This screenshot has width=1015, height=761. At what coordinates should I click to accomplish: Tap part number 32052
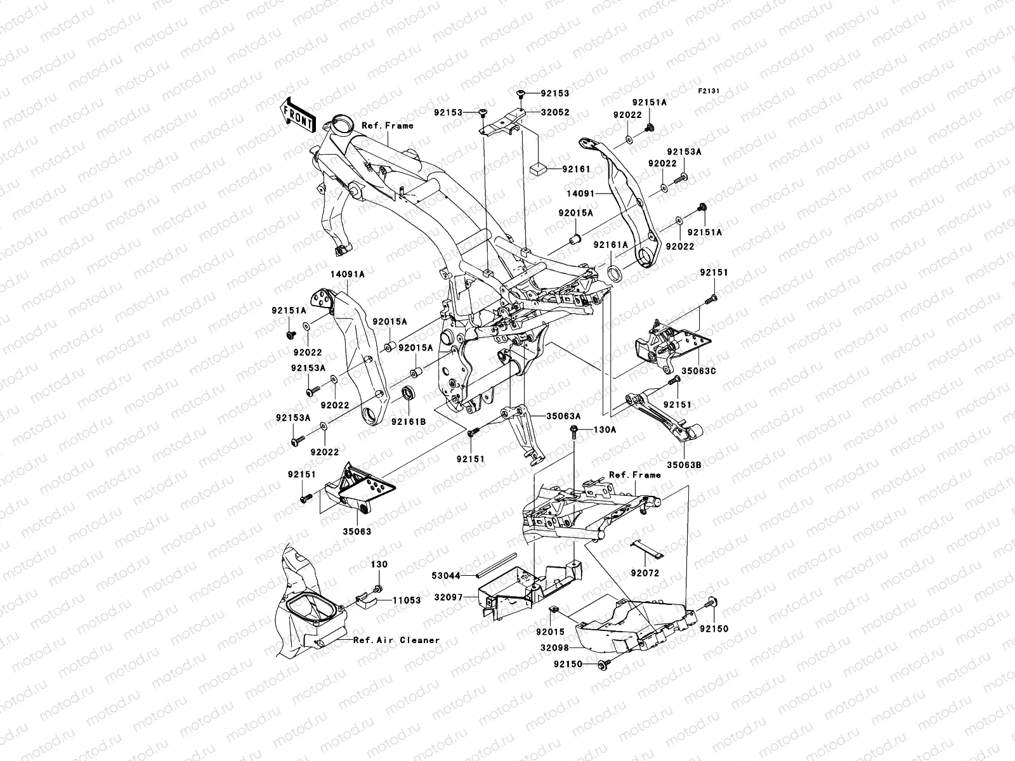click(x=555, y=112)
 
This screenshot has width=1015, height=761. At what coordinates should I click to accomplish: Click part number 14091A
click(x=347, y=275)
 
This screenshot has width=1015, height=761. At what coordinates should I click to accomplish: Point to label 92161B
click(x=408, y=420)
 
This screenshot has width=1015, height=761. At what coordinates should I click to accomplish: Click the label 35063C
click(x=700, y=371)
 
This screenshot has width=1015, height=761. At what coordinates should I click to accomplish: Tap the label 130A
click(x=605, y=429)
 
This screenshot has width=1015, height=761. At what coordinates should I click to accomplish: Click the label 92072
click(x=645, y=573)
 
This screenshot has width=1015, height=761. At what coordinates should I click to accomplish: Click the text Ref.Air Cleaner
click(x=396, y=640)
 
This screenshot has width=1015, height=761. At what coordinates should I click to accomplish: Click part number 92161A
click(x=610, y=245)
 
